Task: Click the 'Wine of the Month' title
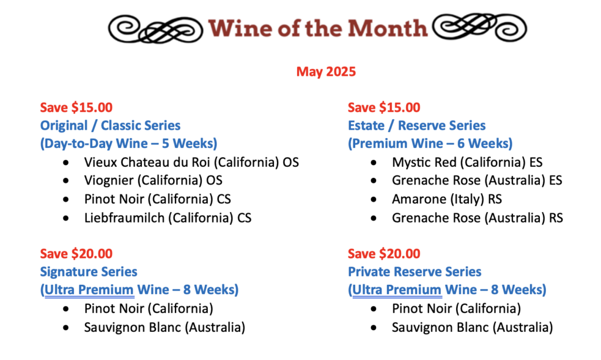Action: pos(318,28)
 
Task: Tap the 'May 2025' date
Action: pos(326,72)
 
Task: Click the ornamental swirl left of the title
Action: pos(156,29)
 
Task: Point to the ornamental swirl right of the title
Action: pos(480,27)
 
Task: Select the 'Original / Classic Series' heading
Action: pos(110,125)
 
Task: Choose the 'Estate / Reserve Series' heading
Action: pos(417,125)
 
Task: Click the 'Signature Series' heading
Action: pos(89,272)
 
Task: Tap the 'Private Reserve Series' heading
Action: pos(414,272)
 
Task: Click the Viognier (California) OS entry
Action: pos(153,180)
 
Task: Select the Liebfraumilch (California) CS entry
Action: pos(168,218)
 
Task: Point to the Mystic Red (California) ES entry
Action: pos(467,162)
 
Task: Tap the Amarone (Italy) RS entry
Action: pos(447,199)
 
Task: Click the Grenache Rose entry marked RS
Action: pos(478,218)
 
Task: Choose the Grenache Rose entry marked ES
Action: pos(477,180)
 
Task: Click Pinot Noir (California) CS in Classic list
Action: pos(157,199)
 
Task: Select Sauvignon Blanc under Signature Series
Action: pos(164,328)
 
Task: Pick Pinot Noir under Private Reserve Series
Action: pos(456,309)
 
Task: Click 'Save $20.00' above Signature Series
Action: pos(76,254)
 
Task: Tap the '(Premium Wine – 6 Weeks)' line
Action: pos(430,144)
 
